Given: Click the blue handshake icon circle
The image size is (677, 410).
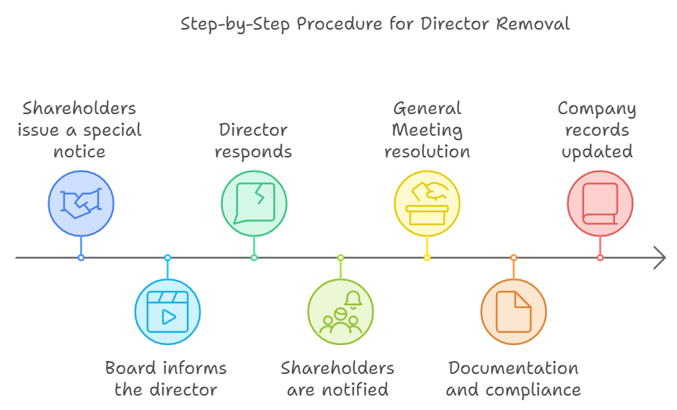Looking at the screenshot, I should click(81, 204).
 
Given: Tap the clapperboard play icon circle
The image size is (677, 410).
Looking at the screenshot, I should click(167, 312).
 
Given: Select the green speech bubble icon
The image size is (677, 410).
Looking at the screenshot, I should click(254, 204).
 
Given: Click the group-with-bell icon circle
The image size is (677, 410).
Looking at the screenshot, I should click(340, 312).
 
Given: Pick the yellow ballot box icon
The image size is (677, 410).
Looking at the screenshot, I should click(427, 204).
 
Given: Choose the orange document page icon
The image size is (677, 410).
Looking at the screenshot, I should click(513, 312).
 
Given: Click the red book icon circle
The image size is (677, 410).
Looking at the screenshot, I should click(600, 204).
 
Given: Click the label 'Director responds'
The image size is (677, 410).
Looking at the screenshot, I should click(254, 141).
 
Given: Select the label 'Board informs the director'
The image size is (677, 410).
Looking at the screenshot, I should click(167, 379).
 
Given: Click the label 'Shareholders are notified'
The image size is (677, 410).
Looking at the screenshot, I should click(337, 379).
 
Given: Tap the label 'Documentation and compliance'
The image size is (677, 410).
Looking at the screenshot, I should click(513, 379).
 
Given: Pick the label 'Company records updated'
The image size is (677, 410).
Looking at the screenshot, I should click(597, 130).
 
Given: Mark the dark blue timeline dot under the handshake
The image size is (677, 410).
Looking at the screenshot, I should click(81, 258).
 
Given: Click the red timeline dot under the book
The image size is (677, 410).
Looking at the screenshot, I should click(600, 258).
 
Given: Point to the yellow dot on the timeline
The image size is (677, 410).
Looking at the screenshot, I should click(427, 258).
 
